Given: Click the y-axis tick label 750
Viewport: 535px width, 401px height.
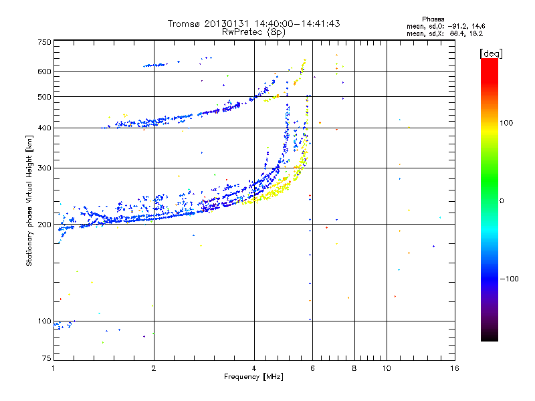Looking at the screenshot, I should (x=44, y=42).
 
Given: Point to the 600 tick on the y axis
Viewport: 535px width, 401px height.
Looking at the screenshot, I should (x=44, y=72).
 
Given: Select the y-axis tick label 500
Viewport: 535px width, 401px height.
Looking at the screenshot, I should (x=44, y=97).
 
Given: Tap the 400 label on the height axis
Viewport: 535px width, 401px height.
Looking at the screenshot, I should (x=44, y=128).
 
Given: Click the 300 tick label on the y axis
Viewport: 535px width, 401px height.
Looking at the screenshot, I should (x=44, y=168).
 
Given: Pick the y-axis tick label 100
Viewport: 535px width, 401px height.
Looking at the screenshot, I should (x=44, y=321).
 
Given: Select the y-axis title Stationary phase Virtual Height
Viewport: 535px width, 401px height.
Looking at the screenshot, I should (x=29, y=200).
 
